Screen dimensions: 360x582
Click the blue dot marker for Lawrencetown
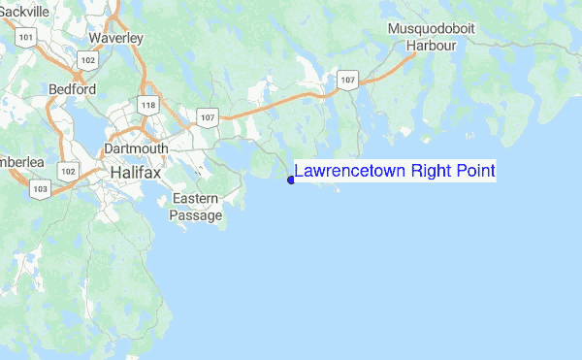[x=291, y=179]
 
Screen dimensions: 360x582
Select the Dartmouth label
[x=136, y=148]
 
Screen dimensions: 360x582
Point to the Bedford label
[x=72, y=89]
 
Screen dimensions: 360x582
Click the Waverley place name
[x=115, y=38]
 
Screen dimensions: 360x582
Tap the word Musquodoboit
[x=432, y=29]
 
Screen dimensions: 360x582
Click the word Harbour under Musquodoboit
[x=432, y=45]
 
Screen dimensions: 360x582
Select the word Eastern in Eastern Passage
[x=195, y=199]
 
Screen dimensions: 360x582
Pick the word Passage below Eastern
[x=196, y=214]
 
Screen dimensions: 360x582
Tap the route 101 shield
[x=26, y=38]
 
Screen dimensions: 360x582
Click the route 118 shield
[x=148, y=106]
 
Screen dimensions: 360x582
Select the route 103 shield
[x=39, y=190]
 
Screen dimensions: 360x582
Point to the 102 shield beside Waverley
[x=88, y=60]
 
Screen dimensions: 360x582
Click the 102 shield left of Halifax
[x=67, y=171]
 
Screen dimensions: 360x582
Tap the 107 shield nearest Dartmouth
[x=207, y=117]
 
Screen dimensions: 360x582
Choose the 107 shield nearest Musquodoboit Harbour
[x=348, y=78]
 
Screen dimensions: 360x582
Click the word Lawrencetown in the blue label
[x=350, y=172]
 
